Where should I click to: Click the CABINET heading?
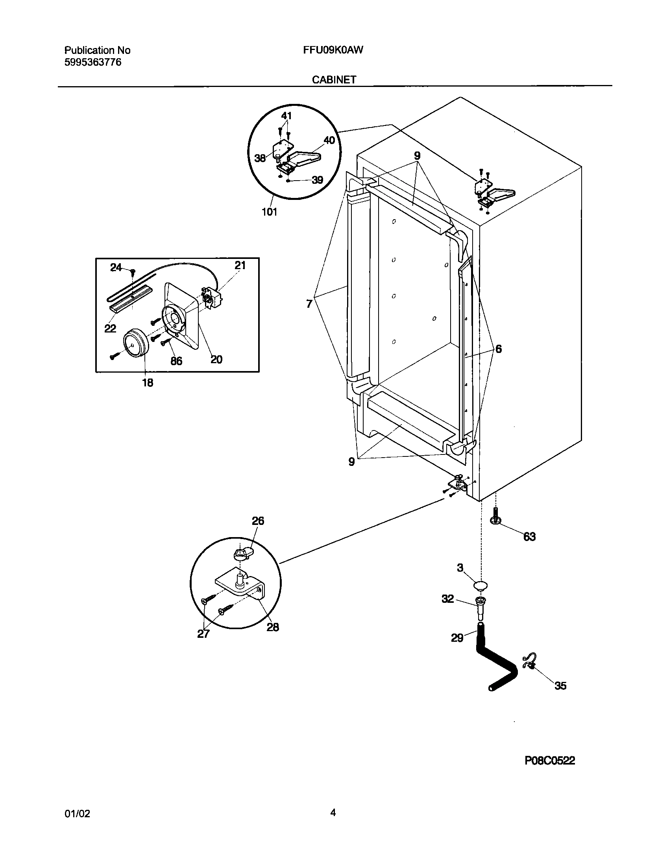tap(334, 79)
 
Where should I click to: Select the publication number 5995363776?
tap(92, 62)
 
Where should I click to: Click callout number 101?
tap(269, 212)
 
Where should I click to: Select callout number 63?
tap(529, 537)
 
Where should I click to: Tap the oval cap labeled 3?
tap(479, 585)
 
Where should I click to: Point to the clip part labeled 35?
tap(529, 661)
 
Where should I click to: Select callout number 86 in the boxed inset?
tap(176, 361)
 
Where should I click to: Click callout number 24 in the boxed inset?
tap(116, 268)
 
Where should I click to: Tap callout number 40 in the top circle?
tap(329, 140)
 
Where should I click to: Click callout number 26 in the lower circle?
tap(258, 521)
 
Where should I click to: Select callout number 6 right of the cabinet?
tap(498, 349)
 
